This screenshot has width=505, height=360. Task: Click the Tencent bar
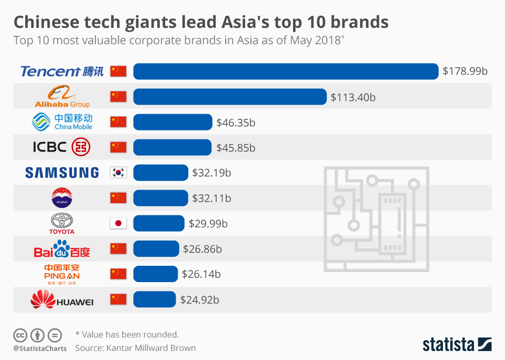(286, 71)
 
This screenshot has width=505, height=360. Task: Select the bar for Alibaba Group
(230, 96)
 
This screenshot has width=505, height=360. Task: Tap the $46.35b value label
(236, 123)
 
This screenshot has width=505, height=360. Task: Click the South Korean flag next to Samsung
(118, 173)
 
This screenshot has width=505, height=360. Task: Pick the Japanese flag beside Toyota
(118, 223)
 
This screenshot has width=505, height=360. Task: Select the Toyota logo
(62, 223)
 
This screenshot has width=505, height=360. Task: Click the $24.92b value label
(199, 300)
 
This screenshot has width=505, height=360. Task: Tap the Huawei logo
(62, 300)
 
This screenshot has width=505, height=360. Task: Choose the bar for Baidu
(156, 248)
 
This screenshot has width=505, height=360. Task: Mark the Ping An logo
(62, 274)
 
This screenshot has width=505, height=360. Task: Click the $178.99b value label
(465, 71)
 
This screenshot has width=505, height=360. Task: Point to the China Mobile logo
(62, 122)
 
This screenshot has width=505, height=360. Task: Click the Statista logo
(457, 345)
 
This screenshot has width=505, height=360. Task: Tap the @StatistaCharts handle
(40, 348)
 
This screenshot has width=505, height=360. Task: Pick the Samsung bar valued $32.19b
(160, 173)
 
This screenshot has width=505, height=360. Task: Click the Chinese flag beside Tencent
(118, 71)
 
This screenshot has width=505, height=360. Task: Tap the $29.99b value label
(208, 224)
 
